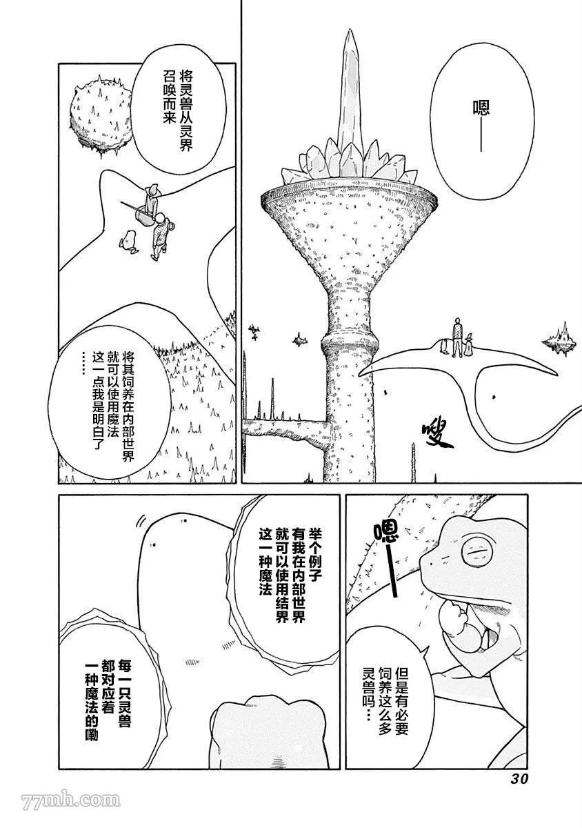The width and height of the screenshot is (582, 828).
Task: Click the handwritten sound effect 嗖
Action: pyautogui.click(x=439, y=435)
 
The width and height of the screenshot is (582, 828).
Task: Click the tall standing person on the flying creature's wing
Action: pyautogui.click(x=458, y=337)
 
